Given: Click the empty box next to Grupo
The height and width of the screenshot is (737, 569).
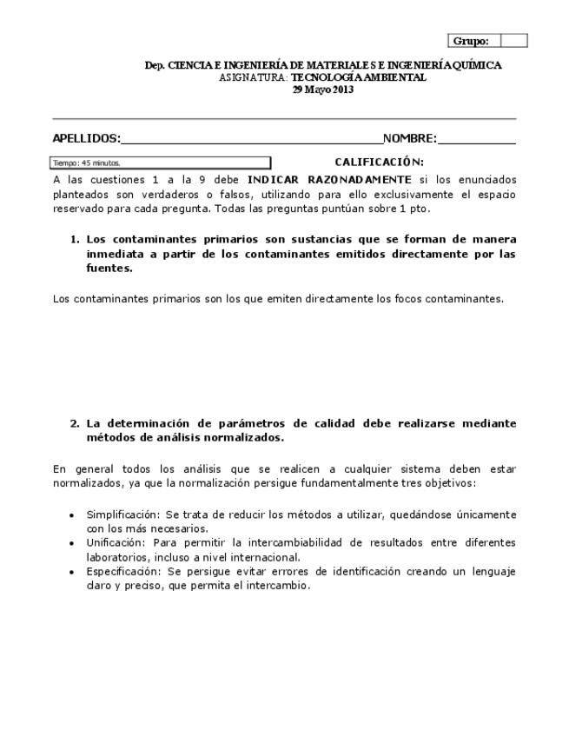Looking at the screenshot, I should pyautogui.click(x=513, y=41).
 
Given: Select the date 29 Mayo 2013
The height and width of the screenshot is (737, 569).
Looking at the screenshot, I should pyautogui.click(x=322, y=90).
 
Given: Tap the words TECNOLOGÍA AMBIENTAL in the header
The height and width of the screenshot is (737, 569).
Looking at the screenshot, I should pyautogui.click(x=358, y=77).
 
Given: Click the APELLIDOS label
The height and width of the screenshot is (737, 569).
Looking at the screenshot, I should pyautogui.click(x=86, y=138).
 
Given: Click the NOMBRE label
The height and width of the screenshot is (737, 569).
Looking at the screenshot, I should pyautogui.click(x=410, y=138).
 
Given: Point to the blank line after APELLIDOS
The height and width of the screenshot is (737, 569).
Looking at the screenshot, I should pyautogui.click(x=252, y=140).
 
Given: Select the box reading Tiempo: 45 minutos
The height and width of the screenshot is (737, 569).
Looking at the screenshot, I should pyautogui.click(x=162, y=163).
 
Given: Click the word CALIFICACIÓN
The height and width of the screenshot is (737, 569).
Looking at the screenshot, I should pyautogui.click(x=379, y=162).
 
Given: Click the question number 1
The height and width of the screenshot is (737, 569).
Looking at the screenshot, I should pyautogui.click(x=74, y=239).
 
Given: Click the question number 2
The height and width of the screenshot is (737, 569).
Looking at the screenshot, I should pyautogui.click(x=74, y=423).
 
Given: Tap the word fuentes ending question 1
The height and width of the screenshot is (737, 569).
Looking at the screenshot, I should pyautogui.click(x=108, y=269).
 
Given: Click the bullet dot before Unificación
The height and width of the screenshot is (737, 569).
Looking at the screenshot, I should pyautogui.click(x=71, y=543).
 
